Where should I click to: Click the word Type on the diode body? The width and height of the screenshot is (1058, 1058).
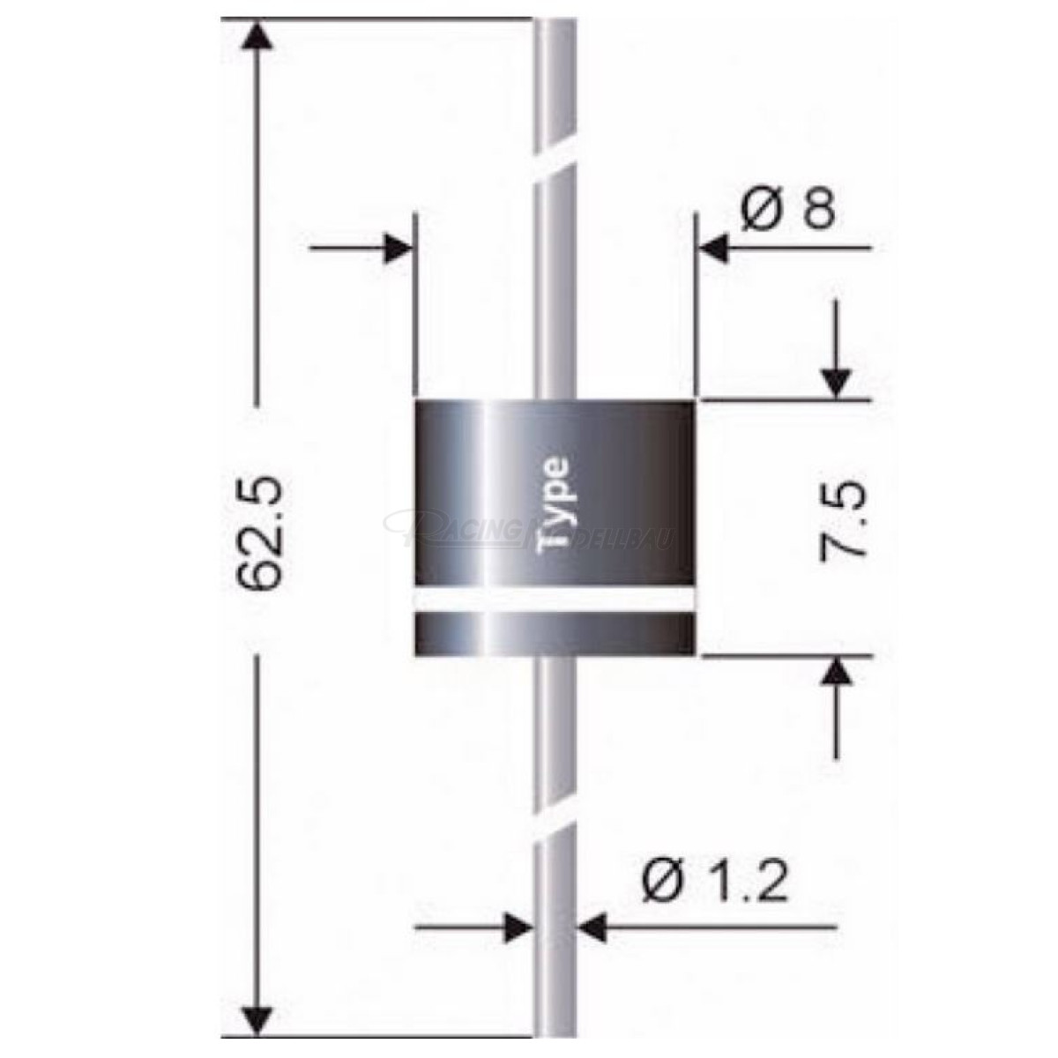tap(555, 504)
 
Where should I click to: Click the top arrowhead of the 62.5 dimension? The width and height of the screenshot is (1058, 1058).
tap(257, 37)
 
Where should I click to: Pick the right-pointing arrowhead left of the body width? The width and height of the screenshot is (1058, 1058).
tap(397, 248)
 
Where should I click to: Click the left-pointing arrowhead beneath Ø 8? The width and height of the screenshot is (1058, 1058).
tap(714, 249)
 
